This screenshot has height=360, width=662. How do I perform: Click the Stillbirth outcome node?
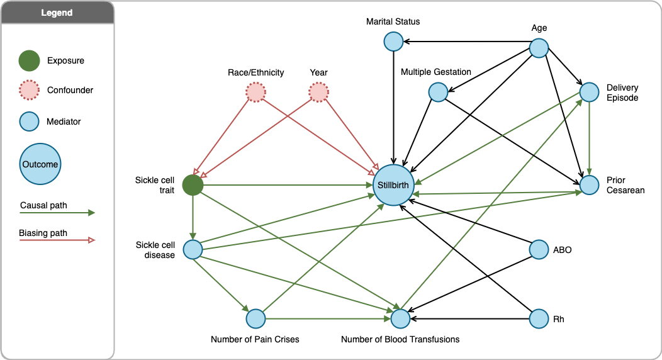pos(393,186)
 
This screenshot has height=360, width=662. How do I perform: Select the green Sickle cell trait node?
pos(193,185)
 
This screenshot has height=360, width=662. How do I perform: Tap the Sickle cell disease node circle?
pos(193,250)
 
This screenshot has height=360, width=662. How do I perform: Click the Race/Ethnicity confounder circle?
pos(255,93)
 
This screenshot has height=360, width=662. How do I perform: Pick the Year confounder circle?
pos(318,93)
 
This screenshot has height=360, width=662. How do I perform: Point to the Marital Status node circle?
pos(393,42)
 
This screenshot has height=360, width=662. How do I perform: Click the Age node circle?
pos(539,48)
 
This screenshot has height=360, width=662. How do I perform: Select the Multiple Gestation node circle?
pos(438,93)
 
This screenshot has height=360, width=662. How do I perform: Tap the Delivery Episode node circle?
pos(589,93)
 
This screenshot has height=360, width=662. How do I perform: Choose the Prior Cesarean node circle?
pos(589,185)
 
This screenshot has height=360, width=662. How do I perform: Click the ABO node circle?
pos(539,250)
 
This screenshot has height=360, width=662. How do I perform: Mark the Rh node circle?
pos(539,319)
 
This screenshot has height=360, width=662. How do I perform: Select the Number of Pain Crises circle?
pos(255,319)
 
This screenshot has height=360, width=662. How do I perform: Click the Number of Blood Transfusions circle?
pos(400,319)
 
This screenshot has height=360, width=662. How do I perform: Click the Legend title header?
pos(57,13)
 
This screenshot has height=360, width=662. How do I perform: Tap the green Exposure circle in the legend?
pos(29,61)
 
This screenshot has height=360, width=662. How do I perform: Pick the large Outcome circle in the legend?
pos(41,164)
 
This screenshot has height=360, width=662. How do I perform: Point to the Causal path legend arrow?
pos(57,213)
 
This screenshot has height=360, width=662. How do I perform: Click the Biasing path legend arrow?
pos(57,240)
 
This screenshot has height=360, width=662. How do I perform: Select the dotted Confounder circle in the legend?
pos(29,90)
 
